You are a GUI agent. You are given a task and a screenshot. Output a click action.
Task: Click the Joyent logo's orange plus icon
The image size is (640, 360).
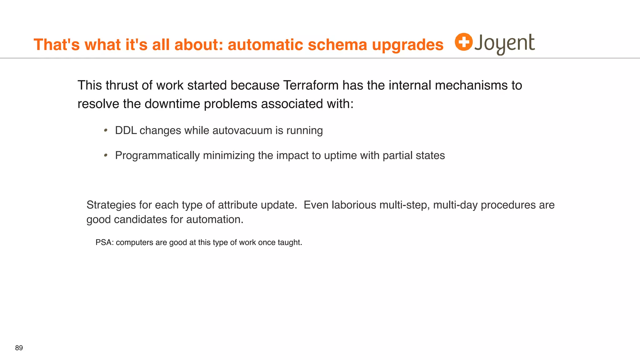click(x=463, y=42)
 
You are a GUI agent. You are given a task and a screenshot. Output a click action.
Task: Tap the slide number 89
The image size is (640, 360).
click(x=19, y=348)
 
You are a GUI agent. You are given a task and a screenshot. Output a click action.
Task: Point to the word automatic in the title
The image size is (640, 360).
click(x=265, y=45)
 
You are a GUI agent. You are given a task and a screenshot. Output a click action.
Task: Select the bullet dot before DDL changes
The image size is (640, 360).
click(x=106, y=130)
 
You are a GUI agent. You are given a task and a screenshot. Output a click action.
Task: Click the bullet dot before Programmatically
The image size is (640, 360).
click(x=106, y=155)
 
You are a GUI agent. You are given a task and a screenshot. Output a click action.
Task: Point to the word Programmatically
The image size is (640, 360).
click(x=157, y=156)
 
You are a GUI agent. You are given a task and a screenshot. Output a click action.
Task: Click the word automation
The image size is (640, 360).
click(x=215, y=219)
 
